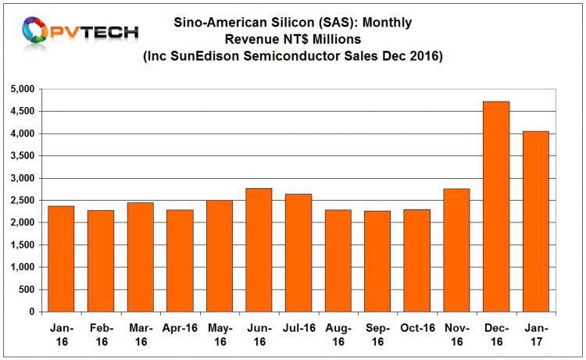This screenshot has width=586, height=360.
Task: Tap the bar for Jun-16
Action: (x=259, y=250)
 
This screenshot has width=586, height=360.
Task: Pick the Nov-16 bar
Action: (x=457, y=250)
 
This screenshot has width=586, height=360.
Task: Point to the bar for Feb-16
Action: (x=101, y=261)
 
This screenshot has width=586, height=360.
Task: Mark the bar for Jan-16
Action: (x=61, y=258)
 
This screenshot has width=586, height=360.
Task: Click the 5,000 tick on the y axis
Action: (x=22, y=90)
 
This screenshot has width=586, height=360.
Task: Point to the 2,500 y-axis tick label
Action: (x=22, y=201)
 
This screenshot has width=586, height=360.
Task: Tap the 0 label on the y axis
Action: (x=31, y=312)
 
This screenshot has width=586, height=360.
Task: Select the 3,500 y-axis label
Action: (x=22, y=156)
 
